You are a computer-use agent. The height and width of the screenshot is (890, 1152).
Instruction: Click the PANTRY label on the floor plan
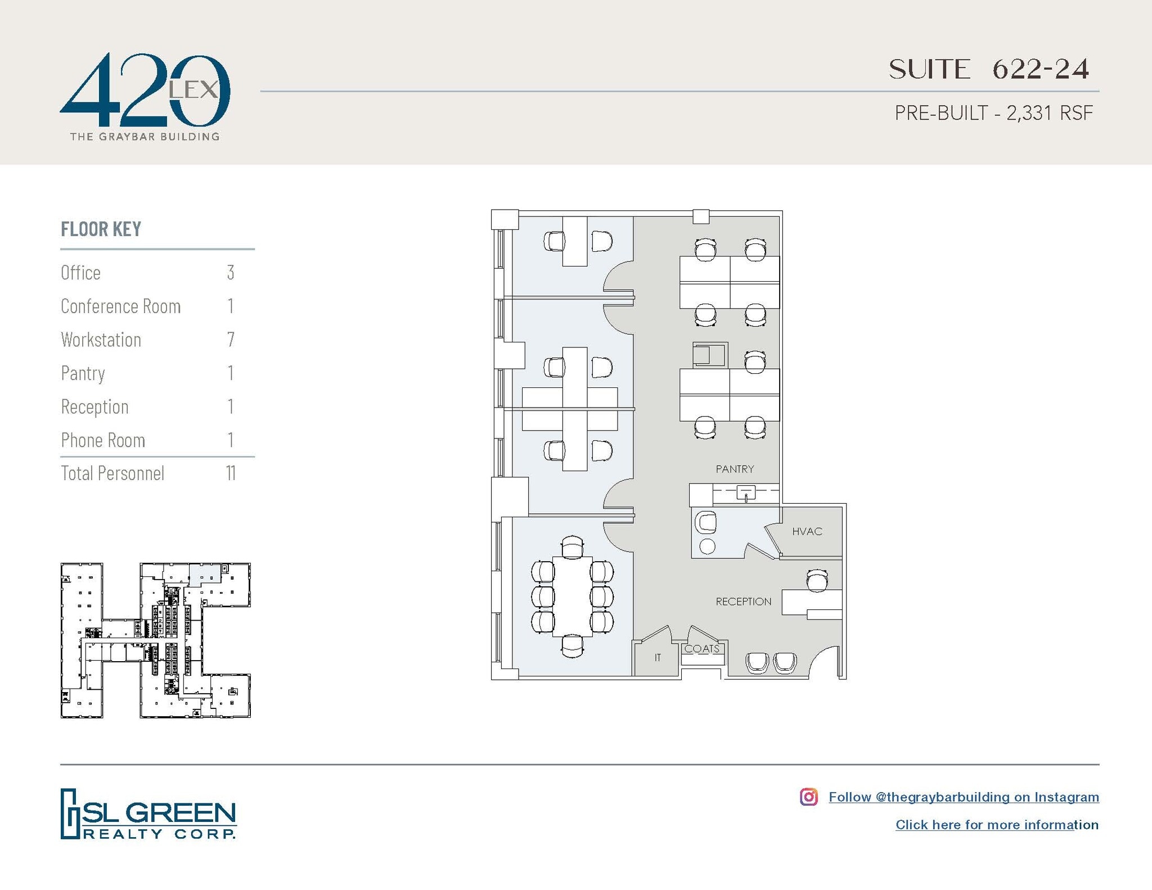coord(735,469)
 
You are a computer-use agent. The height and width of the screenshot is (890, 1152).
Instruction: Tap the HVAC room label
coord(807,531)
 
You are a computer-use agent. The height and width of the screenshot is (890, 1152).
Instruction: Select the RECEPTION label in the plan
coord(743,602)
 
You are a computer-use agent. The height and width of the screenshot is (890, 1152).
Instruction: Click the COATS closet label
coord(701,649)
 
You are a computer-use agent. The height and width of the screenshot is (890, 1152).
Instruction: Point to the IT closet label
coord(658,657)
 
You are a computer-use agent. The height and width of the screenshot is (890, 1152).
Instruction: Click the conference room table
coord(573,597)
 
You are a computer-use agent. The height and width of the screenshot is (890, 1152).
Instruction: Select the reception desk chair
coord(817,581)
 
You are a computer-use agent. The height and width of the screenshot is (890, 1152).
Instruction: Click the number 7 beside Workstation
coord(231,340)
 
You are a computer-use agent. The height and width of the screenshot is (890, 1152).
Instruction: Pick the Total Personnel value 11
coord(231,473)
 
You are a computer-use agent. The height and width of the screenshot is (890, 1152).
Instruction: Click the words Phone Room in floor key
coord(103,440)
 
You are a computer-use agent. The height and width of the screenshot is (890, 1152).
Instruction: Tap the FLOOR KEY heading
coord(101,229)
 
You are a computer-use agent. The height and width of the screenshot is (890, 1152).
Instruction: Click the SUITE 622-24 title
coord(988,70)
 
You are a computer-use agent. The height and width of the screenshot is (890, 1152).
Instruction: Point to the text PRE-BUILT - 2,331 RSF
coord(993,113)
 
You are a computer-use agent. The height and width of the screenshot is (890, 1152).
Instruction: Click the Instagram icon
coord(808,797)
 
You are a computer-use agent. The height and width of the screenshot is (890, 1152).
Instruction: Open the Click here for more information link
coord(997,825)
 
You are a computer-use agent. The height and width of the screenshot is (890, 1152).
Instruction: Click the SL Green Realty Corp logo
coord(148,814)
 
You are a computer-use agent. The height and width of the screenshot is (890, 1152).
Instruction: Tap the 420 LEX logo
coord(145,96)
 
